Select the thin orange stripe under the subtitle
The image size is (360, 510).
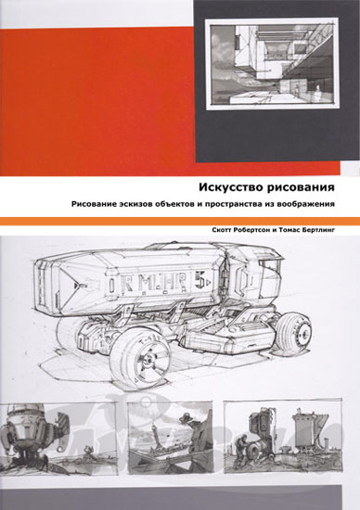point(180,218)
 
